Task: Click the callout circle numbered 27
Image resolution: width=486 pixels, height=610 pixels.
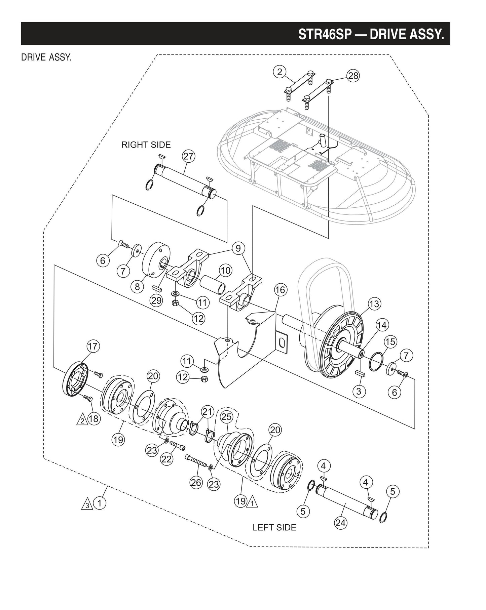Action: click(189, 156)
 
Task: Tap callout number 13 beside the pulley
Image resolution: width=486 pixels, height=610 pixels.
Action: click(374, 304)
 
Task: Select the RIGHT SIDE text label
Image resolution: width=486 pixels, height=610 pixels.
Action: click(146, 145)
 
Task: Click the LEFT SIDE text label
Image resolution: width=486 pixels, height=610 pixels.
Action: click(274, 527)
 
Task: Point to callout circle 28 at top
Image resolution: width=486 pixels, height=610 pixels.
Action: click(353, 76)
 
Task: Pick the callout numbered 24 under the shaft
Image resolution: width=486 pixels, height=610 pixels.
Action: click(341, 523)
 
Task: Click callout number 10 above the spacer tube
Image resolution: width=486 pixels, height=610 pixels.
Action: click(226, 270)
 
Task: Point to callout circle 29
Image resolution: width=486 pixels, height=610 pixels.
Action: click(156, 300)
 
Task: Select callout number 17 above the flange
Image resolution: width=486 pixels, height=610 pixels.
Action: click(93, 346)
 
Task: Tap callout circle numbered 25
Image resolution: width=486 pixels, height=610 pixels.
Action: click(227, 417)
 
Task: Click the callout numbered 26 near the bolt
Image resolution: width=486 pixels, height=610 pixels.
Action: click(196, 483)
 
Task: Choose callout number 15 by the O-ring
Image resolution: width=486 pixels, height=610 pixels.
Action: click(390, 342)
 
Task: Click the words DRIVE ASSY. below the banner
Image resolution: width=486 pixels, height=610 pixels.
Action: click(46, 57)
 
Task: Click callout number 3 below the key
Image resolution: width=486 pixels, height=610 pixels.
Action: click(359, 391)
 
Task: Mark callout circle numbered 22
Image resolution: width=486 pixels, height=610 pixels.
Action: click(167, 459)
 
